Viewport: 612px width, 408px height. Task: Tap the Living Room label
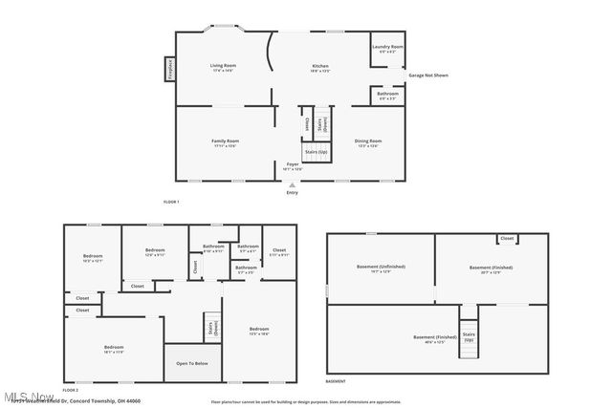(x=223, y=67)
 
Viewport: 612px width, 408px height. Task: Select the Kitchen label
(x=319, y=67)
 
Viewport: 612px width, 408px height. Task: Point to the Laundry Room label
(x=387, y=48)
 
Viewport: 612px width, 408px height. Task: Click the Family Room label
(x=225, y=142)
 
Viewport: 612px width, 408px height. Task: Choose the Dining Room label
(x=367, y=142)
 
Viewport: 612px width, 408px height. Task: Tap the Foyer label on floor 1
(x=293, y=164)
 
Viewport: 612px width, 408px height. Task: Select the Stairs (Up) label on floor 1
(x=316, y=152)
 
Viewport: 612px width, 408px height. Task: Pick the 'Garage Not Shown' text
(x=428, y=75)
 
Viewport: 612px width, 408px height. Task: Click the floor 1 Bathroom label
(x=387, y=94)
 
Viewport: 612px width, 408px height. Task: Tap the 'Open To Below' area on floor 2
(x=192, y=362)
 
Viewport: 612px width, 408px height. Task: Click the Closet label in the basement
(x=507, y=238)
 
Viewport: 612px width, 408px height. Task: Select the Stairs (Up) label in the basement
(x=469, y=337)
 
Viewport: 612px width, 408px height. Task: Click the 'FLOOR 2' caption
(x=70, y=390)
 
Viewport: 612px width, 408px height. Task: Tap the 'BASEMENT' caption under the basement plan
(x=336, y=381)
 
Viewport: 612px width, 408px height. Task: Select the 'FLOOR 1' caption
(x=171, y=202)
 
